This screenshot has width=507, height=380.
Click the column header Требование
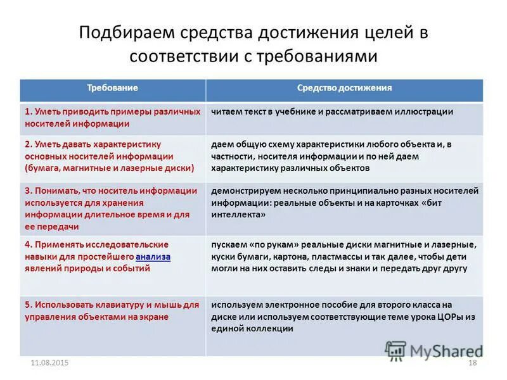pos(112,88)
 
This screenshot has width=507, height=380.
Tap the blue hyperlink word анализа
pos(153,256)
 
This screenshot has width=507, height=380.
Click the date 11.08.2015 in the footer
pos(49,362)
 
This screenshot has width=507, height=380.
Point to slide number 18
pos(472,362)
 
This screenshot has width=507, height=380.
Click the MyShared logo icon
pos(396,351)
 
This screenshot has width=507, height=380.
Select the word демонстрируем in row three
pos(243,190)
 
